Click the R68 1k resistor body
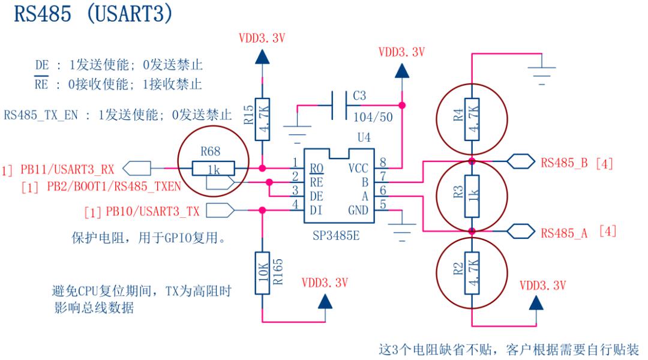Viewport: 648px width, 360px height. (x=213, y=169)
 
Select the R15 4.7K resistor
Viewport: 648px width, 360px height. (x=262, y=119)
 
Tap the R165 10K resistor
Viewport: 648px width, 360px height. (x=262, y=273)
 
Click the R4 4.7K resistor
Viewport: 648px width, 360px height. (x=472, y=119)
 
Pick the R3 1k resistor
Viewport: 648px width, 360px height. (x=472, y=196)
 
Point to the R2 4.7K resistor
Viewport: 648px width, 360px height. (x=472, y=273)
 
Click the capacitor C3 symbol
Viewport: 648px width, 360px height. (x=339, y=106)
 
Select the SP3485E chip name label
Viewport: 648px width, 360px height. (x=336, y=236)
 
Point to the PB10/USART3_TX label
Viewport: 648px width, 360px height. (x=152, y=211)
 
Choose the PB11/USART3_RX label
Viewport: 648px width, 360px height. (x=67, y=169)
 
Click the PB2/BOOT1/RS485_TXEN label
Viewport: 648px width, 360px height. (x=114, y=187)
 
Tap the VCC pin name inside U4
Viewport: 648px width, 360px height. (x=358, y=168)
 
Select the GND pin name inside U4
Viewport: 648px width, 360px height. (x=358, y=211)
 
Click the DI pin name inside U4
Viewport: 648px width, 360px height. (x=316, y=211)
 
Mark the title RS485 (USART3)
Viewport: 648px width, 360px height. (x=94, y=13)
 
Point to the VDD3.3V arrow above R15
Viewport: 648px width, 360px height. (x=262, y=56)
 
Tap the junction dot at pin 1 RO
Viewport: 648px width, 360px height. (x=262, y=168)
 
